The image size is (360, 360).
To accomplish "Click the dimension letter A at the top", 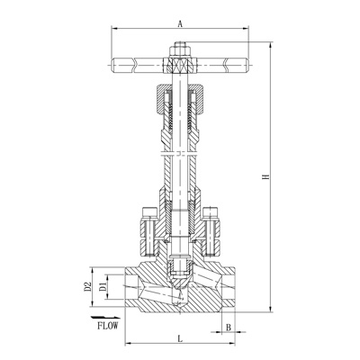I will (x=180, y=23).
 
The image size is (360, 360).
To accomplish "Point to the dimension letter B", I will (x=229, y=328).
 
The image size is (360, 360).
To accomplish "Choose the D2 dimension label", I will (x=88, y=287).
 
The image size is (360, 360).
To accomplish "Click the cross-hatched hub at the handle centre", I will (x=180, y=65).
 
